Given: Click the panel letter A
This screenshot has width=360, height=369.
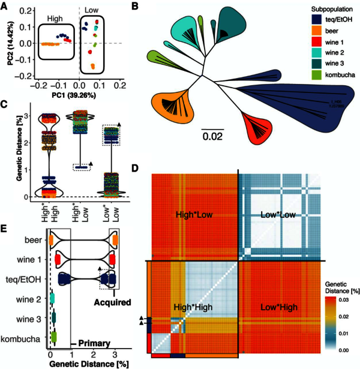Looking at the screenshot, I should (x=5, y=6).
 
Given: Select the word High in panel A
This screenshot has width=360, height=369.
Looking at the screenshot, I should (x=55, y=19).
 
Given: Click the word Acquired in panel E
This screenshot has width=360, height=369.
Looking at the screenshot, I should (x=113, y=302).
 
